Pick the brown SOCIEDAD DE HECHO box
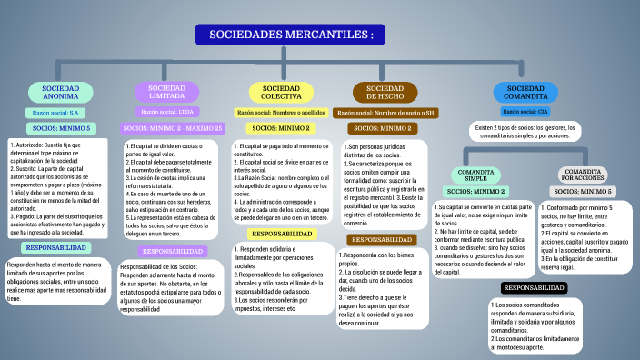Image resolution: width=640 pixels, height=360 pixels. [x=385, y=92]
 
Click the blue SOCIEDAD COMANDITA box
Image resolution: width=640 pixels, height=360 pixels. [x=525, y=92]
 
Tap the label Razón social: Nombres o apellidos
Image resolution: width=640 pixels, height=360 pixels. [x=281, y=113]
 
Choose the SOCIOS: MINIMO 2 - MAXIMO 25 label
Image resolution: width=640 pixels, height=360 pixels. [x=173, y=129]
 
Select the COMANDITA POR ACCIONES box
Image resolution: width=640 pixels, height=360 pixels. [x=584, y=175]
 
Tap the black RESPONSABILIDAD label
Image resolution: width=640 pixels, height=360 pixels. [x=535, y=287]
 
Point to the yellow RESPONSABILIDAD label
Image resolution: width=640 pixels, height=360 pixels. [x=283, y=234]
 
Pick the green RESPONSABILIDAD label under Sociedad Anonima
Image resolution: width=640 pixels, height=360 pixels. [x=56, y=248]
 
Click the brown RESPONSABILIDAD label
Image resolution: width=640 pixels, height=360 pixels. [x=383, y=239]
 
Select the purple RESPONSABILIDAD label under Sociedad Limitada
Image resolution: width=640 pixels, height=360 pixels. [x=173, y=251]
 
